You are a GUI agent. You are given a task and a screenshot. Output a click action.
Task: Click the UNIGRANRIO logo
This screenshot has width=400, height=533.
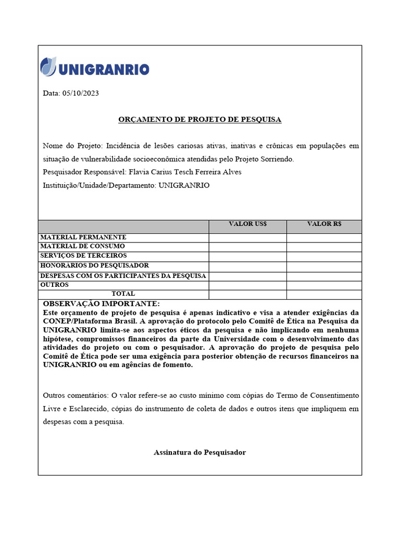[95, 68]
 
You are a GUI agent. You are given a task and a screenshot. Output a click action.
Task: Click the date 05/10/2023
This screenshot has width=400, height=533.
[80, 94]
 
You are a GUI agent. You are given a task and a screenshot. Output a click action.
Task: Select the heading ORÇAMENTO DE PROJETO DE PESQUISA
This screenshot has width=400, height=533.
[199, 120]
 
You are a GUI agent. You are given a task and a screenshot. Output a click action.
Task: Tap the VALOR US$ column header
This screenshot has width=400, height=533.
[247, 224]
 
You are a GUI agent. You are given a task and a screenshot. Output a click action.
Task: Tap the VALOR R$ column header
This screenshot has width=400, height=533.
[324, 224]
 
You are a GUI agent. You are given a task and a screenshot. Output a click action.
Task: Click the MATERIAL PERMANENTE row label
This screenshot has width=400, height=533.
[83, 237]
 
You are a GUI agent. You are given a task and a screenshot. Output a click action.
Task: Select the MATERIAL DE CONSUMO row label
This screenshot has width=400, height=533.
[82, 246]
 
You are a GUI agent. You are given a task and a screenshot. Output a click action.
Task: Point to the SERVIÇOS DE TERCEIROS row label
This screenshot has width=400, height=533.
[83, 256]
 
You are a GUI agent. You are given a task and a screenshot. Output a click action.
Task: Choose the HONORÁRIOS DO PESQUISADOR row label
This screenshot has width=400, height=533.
[94, 265]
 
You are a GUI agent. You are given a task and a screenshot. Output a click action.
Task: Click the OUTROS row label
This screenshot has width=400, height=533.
[54, 285]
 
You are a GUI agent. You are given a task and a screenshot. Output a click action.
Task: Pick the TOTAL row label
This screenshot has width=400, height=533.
[123, 294]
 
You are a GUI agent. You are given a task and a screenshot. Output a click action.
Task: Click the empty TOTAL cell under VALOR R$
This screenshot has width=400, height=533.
[324, 295]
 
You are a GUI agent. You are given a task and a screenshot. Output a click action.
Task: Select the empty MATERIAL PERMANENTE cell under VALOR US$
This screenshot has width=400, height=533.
[247, 238]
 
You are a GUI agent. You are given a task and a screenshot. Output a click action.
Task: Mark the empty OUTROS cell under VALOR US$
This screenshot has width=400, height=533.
[247, 286]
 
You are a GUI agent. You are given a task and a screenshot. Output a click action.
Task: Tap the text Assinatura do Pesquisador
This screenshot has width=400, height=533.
[199, 453]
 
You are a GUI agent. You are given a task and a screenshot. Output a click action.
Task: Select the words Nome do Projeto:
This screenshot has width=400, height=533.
[73, 146]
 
